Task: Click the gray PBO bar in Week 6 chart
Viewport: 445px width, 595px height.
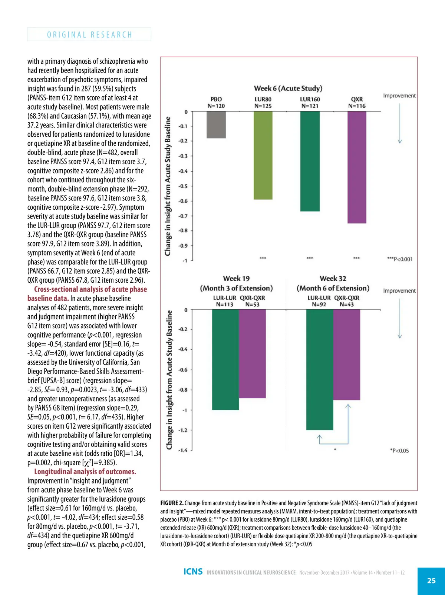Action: (x=216, y=125)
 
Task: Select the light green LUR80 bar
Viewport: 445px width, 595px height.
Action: (x=263, y=156)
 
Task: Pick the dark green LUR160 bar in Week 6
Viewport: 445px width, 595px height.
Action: (x=310, y=161)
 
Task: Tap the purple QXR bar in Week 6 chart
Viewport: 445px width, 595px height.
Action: (x=357, y=167)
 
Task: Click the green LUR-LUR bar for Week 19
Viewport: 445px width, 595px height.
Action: (x=225, y=359)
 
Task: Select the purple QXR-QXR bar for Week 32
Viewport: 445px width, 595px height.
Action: (x=347, y=355)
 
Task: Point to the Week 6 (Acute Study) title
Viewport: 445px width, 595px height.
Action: (x=288, y=88)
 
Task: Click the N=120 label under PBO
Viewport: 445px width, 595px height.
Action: (x=216, y=106)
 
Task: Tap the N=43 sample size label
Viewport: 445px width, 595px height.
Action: (x=347, y=305)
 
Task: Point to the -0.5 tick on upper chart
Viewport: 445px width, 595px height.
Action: (x=183, y=186)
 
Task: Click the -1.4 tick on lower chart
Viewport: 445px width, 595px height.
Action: (x=183, y=450)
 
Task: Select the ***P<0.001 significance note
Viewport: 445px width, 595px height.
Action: (x=399, y=259)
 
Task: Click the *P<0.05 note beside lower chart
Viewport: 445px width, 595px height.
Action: (x=399, y=451)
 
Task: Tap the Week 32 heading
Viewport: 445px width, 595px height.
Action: (x=333, y=278)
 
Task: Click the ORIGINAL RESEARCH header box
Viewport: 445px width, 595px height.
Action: (x=89, y=34)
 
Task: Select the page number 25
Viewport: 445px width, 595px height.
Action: (x=431, y=581)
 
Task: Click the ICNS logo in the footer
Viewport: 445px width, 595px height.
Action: (x=193, y=572)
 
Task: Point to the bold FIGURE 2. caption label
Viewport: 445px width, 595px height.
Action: (x=172, y=503)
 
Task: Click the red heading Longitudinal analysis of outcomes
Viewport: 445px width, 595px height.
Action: (x=85, y=472)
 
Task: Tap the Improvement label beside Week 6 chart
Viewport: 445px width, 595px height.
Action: (x=399, y=96)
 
